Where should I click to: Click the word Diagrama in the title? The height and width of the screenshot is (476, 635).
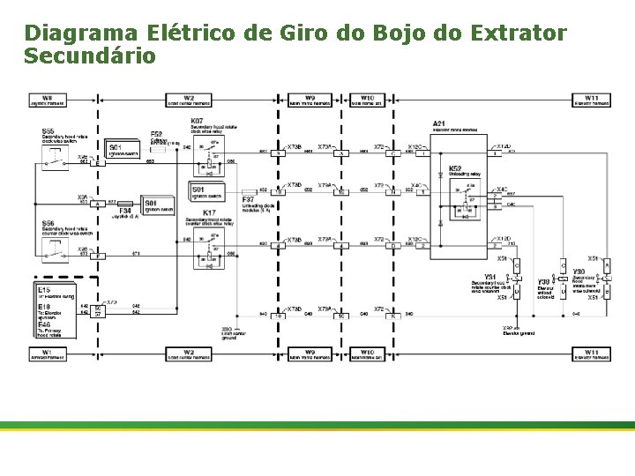pyautogui.click(x=80, y=33)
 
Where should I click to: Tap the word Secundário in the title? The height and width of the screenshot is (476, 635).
pyautogui.click(x=90, y=56)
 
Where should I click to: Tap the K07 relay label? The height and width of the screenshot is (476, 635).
pyautogui.click(x=198, y=120)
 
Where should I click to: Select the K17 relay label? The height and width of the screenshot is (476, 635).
pyautogui.click(x=209, y=213)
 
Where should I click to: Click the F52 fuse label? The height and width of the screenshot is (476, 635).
pyautogui.click(x=157, y=134)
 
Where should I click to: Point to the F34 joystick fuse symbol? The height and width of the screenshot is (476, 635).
pyautogui.click(x=127, y=211)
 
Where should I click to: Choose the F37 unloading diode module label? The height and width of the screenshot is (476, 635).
pyautogui.click(x=249, y=201)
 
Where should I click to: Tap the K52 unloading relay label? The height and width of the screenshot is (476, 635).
pyautogui.click(x=455, y=167)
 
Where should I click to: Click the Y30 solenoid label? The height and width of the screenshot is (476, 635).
pyautogui.click(x=579, y=271)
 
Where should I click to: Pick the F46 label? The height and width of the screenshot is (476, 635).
pyautogui.click(x=44, y=325)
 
